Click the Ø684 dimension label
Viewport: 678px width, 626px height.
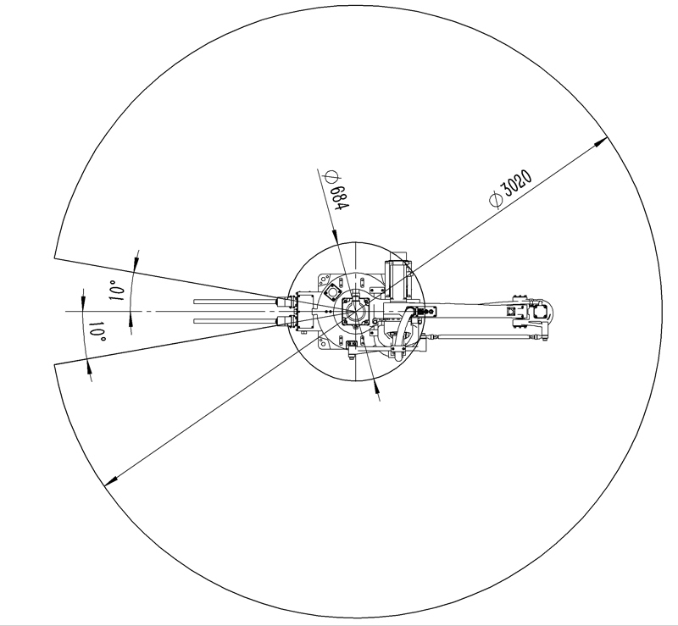[x=336, y=191]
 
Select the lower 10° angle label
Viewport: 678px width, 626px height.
[x=97, y=330]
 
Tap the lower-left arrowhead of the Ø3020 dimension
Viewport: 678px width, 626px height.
[x=112, y=479]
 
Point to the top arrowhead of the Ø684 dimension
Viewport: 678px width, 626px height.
[x=335, y=236]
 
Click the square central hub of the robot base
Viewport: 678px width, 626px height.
[x=355, y=311]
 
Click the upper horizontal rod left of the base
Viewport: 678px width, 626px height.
[x=236, y=302]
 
